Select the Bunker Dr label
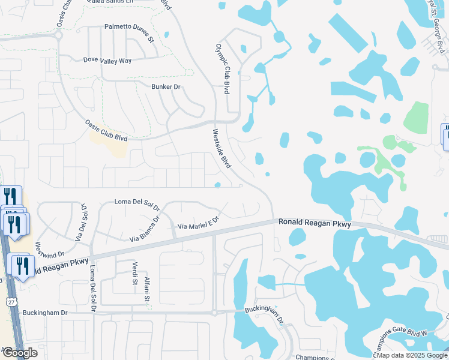[x=165, y=88]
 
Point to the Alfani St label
[x=146, y=289]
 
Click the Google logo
[x=19, y=353]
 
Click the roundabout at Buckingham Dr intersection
[x=214, y=312]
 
